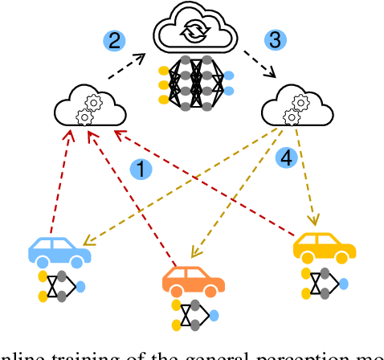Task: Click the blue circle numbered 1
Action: [141, 169]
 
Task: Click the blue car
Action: [59, 252]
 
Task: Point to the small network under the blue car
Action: [61, 285]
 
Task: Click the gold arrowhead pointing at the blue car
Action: [88, 240]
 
